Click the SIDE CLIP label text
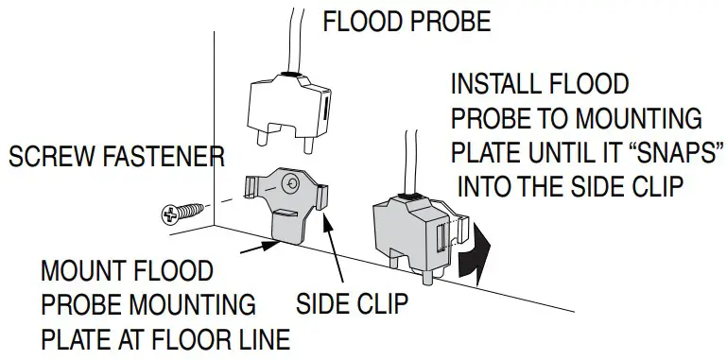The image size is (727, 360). click(x=352, y=305)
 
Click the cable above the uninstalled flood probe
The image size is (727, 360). click(x=295, y=33)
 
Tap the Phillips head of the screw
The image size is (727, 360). click(x=170, y=216)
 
